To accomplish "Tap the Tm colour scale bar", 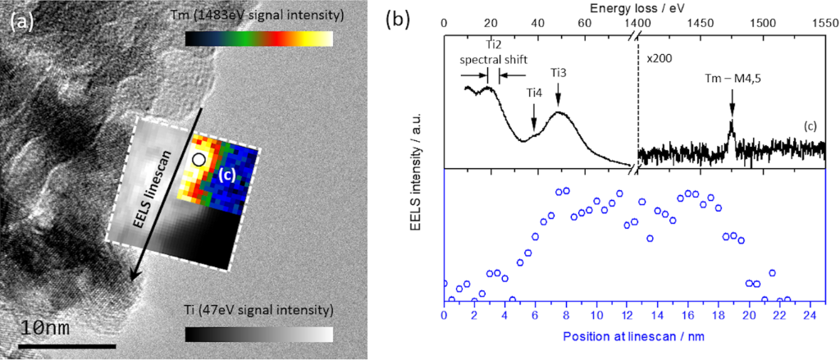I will tap(258, 39).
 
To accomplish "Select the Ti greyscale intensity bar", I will tap(258, 335).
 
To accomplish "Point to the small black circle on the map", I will tap(198, 158).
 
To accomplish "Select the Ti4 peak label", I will tap(534, 93).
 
